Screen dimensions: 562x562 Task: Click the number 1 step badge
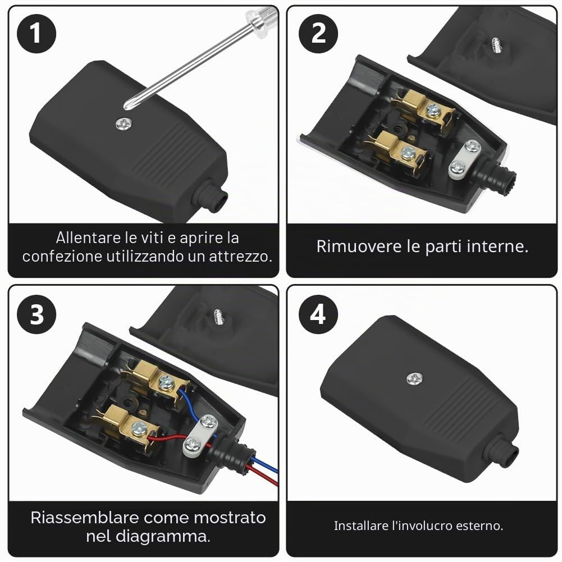(x=36, y=34)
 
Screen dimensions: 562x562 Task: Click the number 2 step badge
(x=318, y=34)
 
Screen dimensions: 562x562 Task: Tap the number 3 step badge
(x=36, y=314)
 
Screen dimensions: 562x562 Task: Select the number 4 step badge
(x=318, y=314)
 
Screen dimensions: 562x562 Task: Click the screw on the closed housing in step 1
(x=124, y=124)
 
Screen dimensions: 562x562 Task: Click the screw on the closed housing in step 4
(x=414, y=378)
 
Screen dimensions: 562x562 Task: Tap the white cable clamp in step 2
(x=465, y=159)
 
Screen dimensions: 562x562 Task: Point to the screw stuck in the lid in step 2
(x=496, y=45)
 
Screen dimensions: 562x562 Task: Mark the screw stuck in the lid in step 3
(x=218, y=317)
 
